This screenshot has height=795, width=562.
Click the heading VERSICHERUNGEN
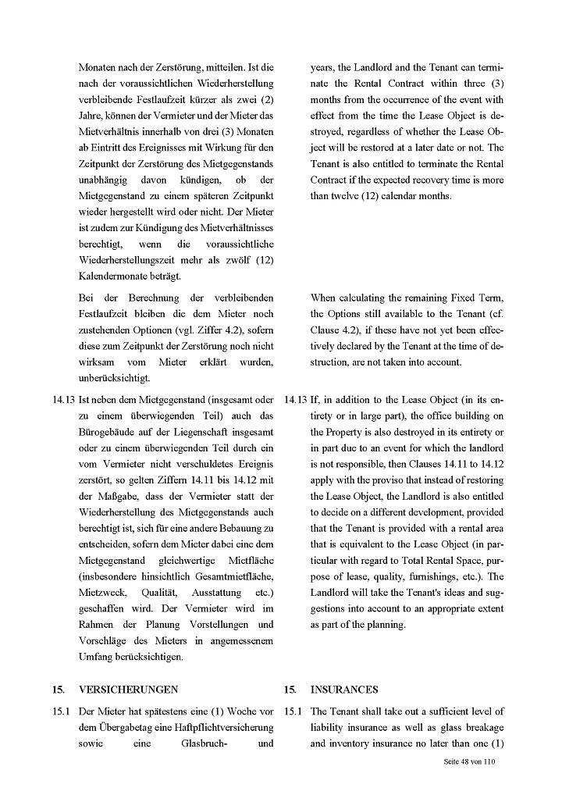tap(128, 690)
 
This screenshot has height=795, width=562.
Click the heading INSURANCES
tap(344, 690)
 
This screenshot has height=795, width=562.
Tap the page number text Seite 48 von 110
tap(465, 761)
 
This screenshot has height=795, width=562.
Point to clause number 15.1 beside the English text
tap(293, 711)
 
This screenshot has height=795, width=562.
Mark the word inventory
tap(355, 743)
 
